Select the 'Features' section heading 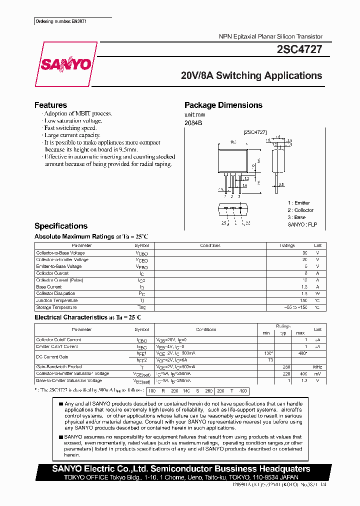click(x=50, y=105)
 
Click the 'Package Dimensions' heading click(x=223, y=105)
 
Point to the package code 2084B click(x=193, y=123)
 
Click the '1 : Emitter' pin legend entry click(x=299, y=203)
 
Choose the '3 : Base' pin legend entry click(x=296, y=217)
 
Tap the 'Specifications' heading click(x=60, y=226)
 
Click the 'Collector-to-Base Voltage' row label click(x=60, y=253)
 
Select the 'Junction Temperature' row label click(x=57, y=300)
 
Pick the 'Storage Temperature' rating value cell click(x=293, y=307)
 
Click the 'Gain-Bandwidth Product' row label click(x=58, y=366)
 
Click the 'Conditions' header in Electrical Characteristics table click(x=206, y=329)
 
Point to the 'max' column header click(x=300, y=333)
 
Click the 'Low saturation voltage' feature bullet click(x=73, y=120)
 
